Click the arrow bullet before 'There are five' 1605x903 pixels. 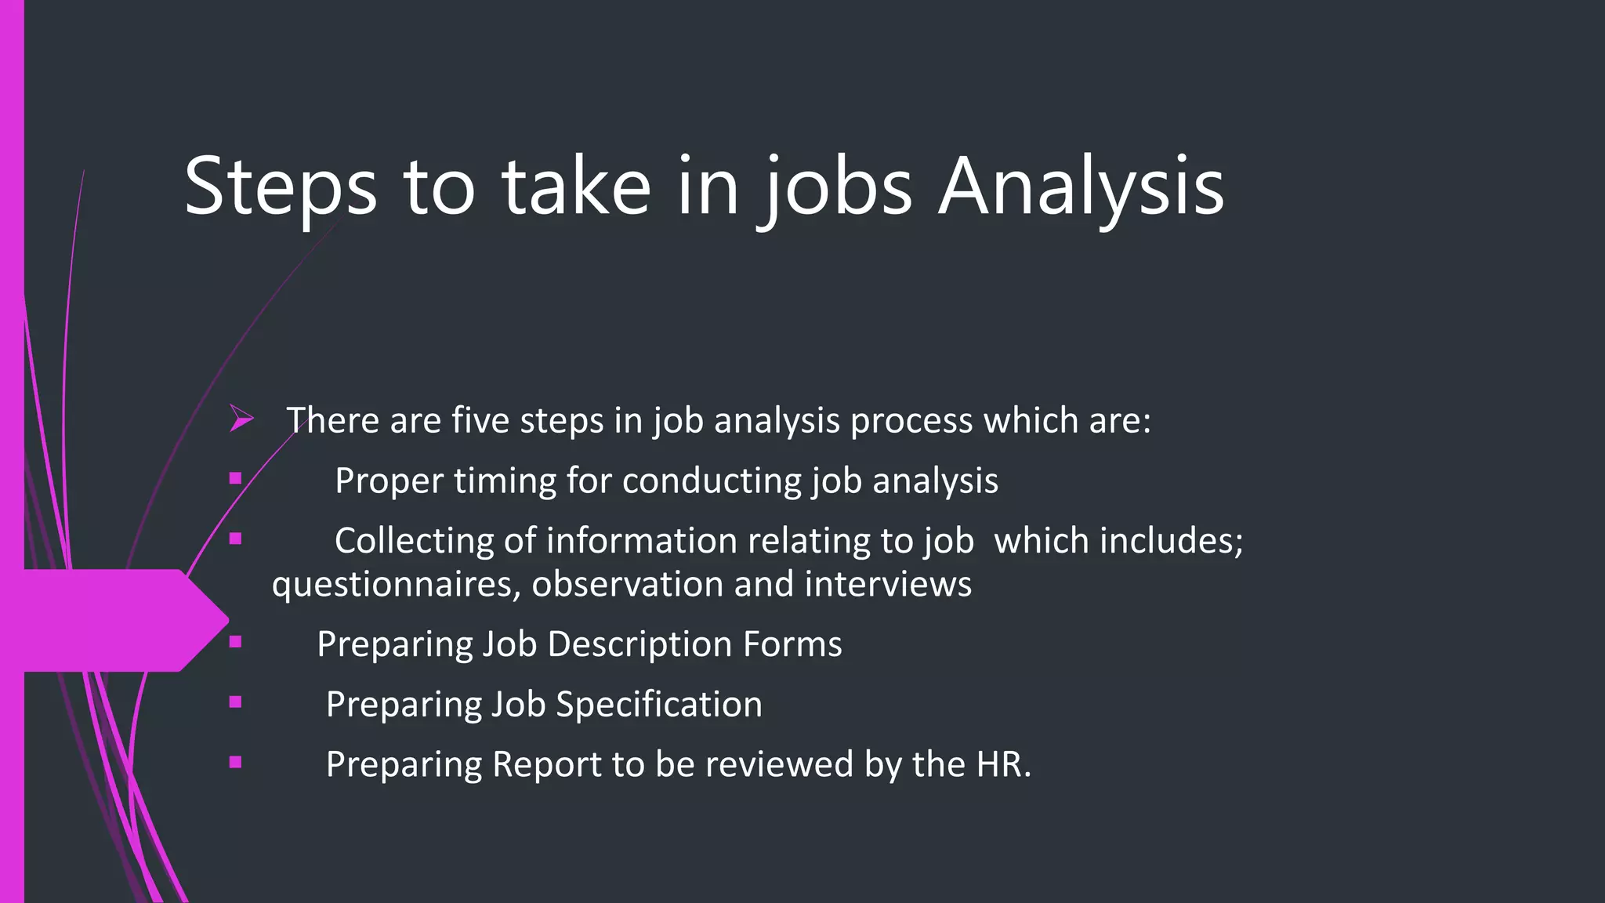[x=241, y=419]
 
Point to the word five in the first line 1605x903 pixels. [x=480, y=420]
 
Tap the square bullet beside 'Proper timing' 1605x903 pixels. [x=236, y=477]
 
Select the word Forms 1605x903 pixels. [x=792, y=644]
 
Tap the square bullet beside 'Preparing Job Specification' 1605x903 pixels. [x=236, y=702]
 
